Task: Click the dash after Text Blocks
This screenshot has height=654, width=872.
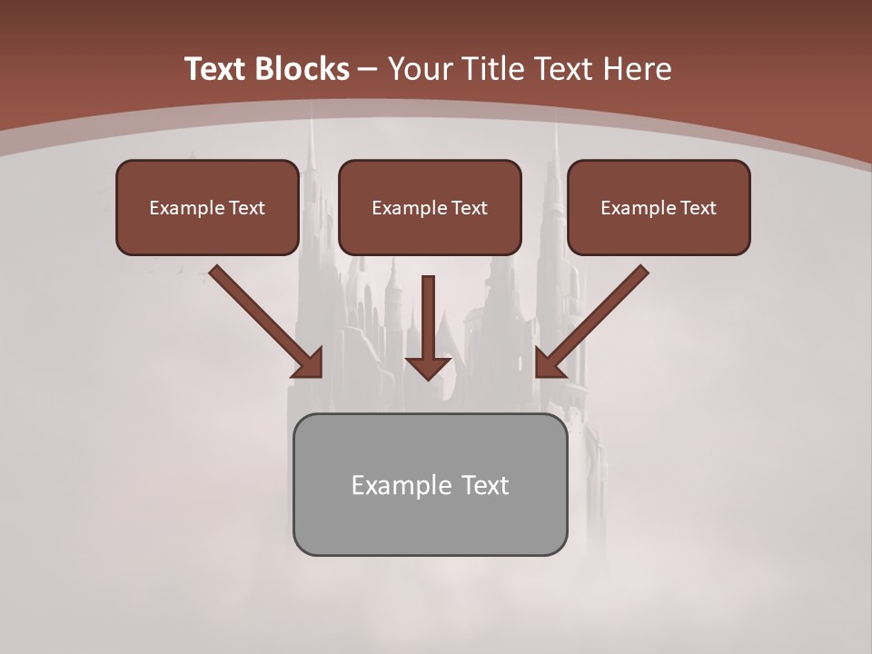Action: tap(369, 70)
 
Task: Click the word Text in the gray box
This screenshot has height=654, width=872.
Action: tap(486, 485)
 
